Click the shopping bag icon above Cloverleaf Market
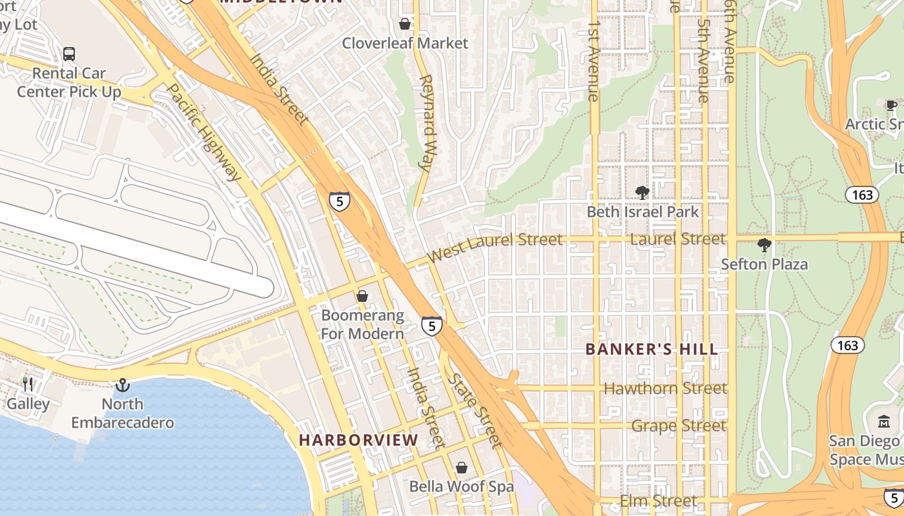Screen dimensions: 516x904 tap(405, 25)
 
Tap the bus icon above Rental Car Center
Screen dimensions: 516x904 tap(69, 54)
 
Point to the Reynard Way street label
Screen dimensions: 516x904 tap(426, 123)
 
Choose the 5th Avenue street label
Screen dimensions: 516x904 tap(703, 61)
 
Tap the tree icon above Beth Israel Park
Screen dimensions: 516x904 tap(642, 192)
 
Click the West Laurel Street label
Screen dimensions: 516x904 tap(495, 246)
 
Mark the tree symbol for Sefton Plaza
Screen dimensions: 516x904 tap(765, 245)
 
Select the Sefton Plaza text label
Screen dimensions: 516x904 tap(765, 264)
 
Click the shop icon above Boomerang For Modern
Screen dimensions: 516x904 tap(362, 296)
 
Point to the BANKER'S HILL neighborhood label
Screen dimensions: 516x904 tap(652, 350)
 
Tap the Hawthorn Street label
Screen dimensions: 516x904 tap(665, 388)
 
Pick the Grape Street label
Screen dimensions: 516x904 tap(679, 426)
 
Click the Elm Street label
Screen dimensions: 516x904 tap(658, 501)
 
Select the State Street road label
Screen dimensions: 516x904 tap(476, 411)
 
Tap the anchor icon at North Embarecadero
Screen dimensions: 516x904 tap(122, 385)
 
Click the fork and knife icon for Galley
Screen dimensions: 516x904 tap(28, 384)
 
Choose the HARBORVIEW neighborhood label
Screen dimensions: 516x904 tap(358, 441)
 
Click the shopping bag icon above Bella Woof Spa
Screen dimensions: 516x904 tap(461, 468)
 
